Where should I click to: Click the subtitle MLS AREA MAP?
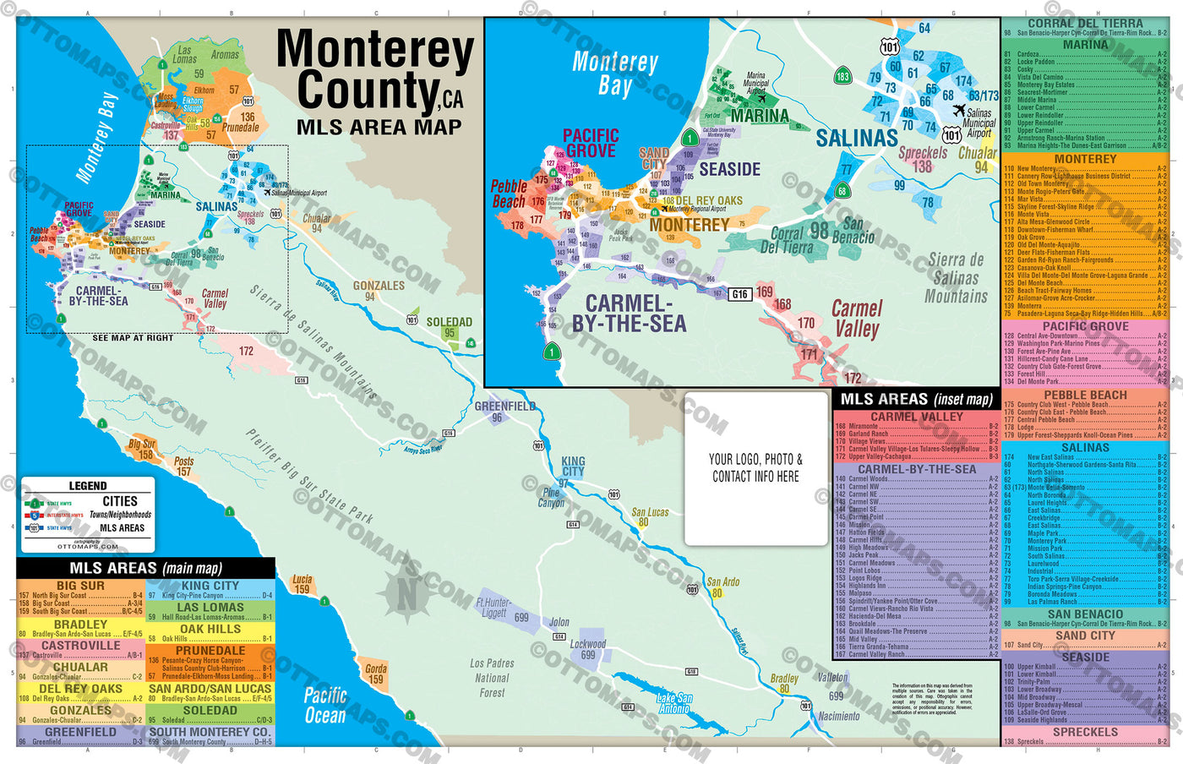[x=379, y=128]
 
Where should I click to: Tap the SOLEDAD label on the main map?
[x=449, y=322]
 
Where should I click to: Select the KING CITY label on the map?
[x=573, y=467]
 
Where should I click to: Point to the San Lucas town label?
[x=650, y=512]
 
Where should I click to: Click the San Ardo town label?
[x=722, y=582]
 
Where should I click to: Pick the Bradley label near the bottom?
[x=784, y=679]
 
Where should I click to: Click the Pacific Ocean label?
[x=324, y=705]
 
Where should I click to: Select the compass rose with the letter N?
[x=406, y=593]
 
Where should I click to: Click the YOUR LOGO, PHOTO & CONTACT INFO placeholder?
[x=755, y=467]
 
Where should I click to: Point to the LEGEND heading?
[x=88, y=486]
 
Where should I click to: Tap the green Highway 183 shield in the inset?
[x=842, y=76]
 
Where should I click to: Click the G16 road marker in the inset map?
[x=739, y=294]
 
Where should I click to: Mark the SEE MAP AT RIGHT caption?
[x=133, y=338]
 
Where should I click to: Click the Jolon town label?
[x=559, y=622]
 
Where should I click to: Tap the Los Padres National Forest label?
[x=492, y=678]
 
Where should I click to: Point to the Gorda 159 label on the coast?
[x=375, y=673]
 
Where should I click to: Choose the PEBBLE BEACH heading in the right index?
[x=1085, y=395]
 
